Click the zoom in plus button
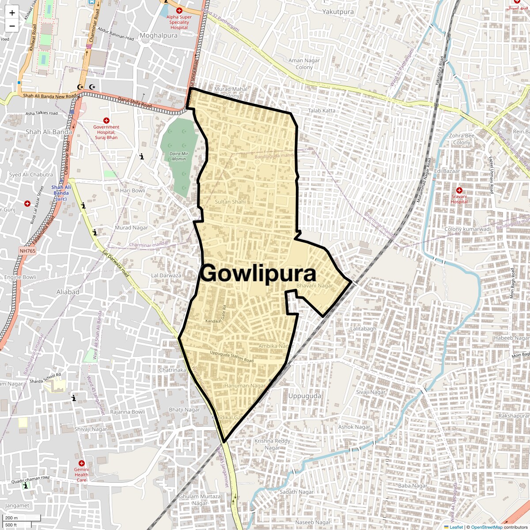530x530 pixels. point(12,13)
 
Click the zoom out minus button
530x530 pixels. point(12,26)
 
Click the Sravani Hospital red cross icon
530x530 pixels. point(459,190)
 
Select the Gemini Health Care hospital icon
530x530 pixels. point(81,463)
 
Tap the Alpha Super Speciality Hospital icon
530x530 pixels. point(179,10)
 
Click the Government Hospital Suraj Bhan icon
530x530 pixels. point(106,121)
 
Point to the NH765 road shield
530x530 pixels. point(27,251)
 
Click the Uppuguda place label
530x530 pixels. point(305,396)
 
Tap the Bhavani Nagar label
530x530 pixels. point(314,286)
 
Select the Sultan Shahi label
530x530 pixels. point(230,202)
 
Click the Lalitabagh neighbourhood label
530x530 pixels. point(363,329)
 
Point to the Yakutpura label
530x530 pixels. point(338,12)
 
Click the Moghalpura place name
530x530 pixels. point(159,36)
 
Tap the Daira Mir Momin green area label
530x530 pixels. point(178,156)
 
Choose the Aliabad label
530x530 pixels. point(68,292)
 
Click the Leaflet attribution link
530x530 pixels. point(456,527)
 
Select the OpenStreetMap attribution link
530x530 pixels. point(486,527)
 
